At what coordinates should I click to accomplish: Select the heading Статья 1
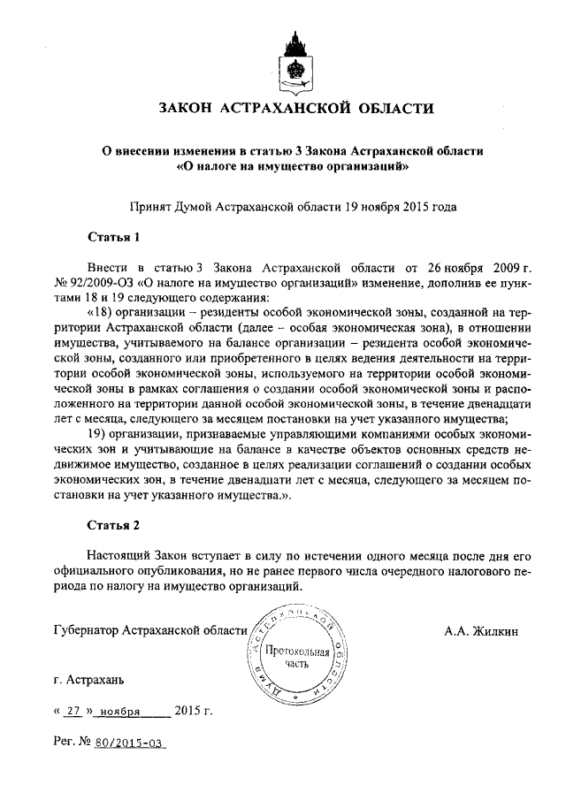[x=114, y=237]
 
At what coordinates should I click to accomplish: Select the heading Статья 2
[x=114, y=526]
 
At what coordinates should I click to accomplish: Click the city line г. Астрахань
[x=88, y=681]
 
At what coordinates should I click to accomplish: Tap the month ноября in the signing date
[x=120, y=711]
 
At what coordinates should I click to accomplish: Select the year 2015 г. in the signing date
[x=194, y=710]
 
